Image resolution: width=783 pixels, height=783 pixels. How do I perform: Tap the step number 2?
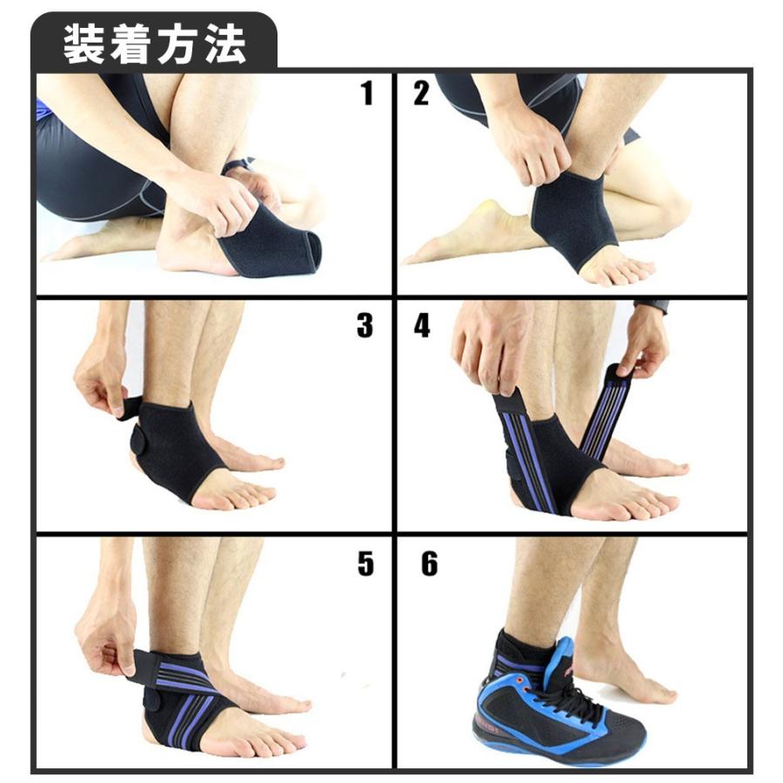(x=421, y=92)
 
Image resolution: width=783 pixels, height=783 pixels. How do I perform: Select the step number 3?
(x=365, y=325)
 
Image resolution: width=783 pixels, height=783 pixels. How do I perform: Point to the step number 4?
(x=422, y=325)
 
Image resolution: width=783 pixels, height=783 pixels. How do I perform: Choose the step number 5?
(x=365, y=563)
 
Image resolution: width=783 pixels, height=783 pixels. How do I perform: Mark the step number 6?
(x=429, y=563)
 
